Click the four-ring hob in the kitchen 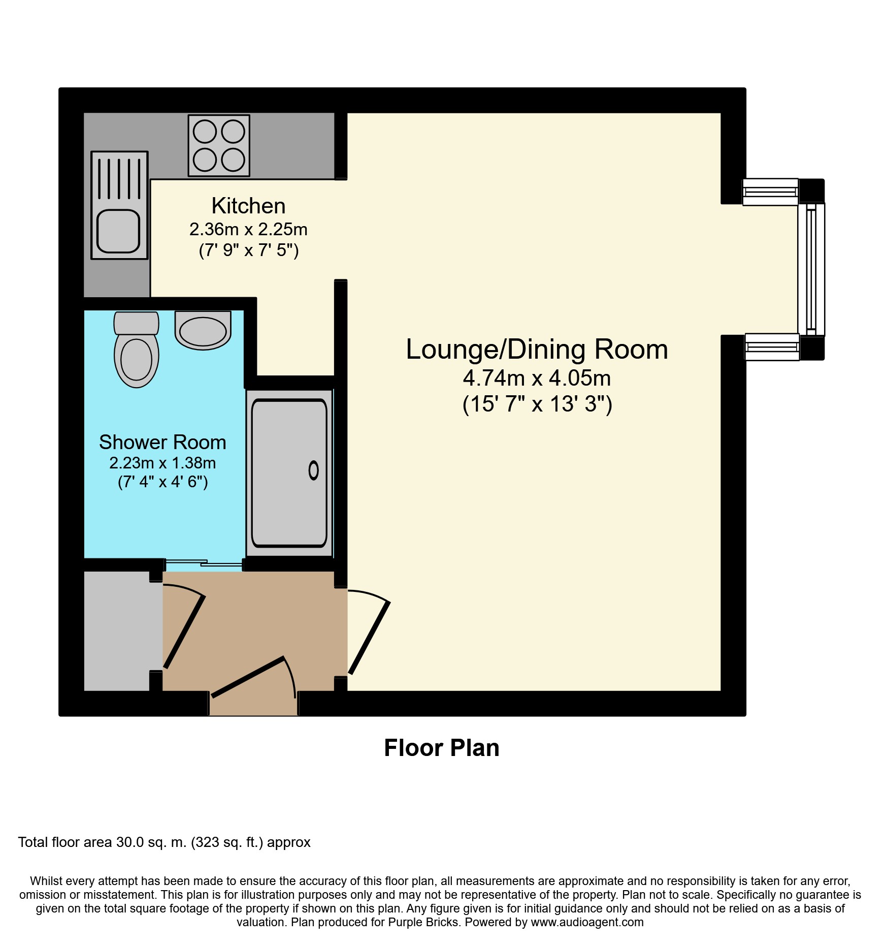[219, 146]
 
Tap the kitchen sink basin [118, 231]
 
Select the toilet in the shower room [136, 350]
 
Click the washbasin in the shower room [203, 330]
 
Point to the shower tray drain [314, 470]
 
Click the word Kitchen [248, 206]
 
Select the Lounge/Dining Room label [537, 350]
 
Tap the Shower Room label [162, 442]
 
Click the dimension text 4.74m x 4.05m [537, 378]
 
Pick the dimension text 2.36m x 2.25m [248, 230]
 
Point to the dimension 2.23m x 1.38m [162, 463]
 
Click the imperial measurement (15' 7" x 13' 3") [537, 404]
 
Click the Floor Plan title [442, 748]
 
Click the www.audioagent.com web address [587, 922]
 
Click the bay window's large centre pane [811, 269]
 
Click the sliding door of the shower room [203, 562]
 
